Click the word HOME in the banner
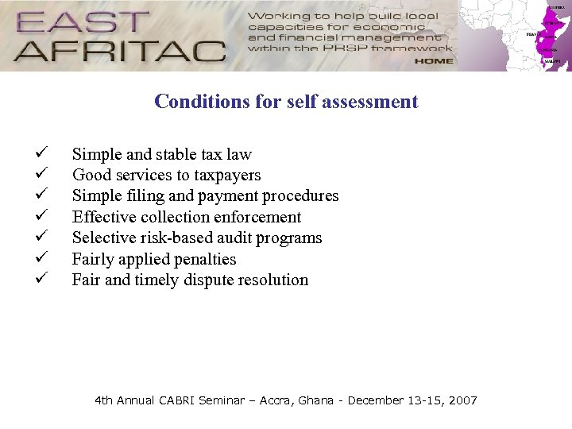pos(434,60)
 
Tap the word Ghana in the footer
pos(316,400)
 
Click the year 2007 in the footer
pos(462,400)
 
